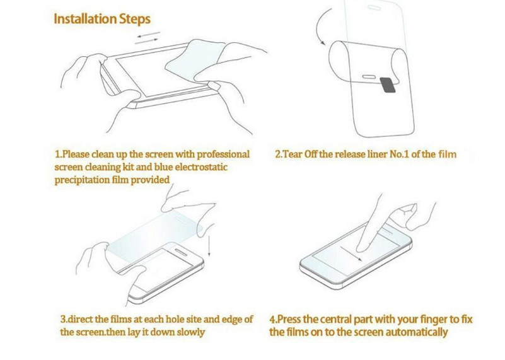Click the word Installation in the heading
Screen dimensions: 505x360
click(85, 19)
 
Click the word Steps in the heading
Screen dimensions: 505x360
click(135, 20)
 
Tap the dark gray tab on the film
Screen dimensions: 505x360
click(388, 85)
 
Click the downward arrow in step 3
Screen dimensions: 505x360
click(209, 246)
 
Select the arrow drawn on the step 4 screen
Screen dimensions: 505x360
click(352, 253)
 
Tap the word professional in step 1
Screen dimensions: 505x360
click(223, 154)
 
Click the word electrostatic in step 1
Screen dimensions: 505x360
click(201, 167)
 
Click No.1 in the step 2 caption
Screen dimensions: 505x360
click(399, 154)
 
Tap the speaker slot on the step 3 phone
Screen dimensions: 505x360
click(181, 252)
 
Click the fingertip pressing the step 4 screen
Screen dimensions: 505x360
click(362, 248)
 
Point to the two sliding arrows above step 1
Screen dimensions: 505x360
click(147, 37)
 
